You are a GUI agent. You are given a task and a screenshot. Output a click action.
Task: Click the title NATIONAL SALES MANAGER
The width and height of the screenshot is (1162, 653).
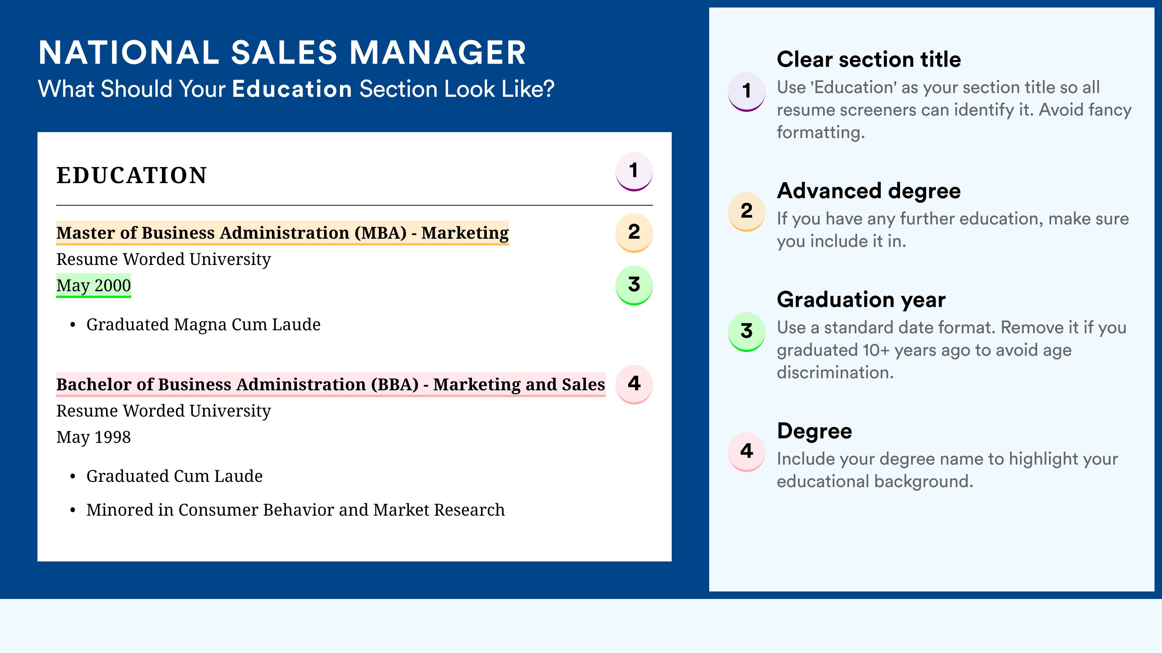[282, 53]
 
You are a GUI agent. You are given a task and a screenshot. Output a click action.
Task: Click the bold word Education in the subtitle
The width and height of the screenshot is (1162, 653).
[292, 89]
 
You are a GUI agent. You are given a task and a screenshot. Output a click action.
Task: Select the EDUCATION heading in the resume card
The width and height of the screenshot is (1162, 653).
[131, 175]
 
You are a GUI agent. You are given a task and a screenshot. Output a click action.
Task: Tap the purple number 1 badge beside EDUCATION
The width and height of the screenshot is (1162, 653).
[634, 171]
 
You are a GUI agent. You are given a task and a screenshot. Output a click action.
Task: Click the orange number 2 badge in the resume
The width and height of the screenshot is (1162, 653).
[634, 233]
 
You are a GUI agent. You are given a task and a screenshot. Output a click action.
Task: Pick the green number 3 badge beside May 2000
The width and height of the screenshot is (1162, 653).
[634, 285]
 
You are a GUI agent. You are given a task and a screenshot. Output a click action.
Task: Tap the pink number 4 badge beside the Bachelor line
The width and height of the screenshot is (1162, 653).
[634, 384]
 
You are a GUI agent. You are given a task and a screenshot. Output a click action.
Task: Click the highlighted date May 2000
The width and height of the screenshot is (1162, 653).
[93, 285]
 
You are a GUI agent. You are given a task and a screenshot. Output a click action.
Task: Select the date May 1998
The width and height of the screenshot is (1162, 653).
[93, 437]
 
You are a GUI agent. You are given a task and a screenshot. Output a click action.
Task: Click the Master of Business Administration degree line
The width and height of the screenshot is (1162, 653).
[282, 233]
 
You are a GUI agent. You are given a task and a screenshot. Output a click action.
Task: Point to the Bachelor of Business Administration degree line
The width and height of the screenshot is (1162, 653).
[331, 385]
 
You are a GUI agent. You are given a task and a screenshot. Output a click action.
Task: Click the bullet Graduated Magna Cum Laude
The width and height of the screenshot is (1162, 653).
[203, 325]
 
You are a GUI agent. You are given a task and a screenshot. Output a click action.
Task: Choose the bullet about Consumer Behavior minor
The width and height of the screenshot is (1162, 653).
[295, 510]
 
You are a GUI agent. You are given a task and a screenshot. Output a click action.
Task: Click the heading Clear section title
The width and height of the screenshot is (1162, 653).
[869, 59]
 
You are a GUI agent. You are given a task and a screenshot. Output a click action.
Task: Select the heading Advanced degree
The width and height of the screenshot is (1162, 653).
[869, 191]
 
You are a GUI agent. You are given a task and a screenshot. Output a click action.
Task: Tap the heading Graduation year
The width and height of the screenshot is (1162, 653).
[861, 299]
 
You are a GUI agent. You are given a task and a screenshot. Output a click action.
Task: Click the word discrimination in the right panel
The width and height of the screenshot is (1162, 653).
[835, 373]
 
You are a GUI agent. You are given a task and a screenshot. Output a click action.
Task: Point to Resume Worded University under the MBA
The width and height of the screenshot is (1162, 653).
[163, 259]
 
